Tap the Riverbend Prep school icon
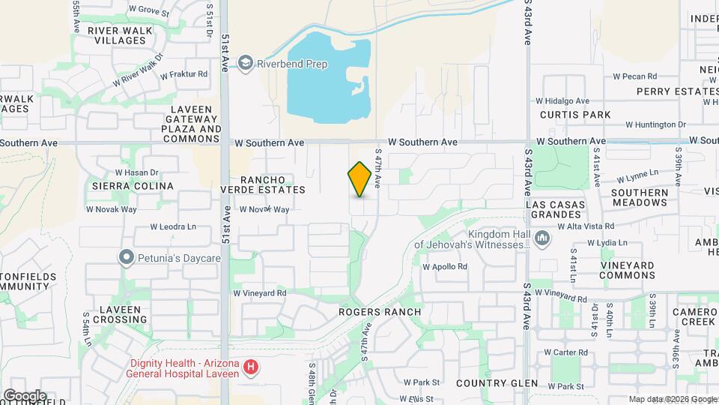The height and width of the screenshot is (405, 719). (x=246, y=64)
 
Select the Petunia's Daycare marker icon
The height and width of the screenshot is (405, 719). (x=126, y=258)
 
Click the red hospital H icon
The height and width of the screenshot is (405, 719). (x=252, y=367)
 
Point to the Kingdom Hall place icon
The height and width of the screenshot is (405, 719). (x=544, y=239)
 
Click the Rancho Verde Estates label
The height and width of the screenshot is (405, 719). (x=262, y=184)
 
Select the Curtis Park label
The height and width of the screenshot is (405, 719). (x=575, y=115)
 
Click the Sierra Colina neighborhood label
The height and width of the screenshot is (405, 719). (x=132, y=186)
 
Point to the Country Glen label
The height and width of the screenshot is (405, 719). (x=497, y=383)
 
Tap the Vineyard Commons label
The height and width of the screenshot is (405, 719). (x=627, y=271)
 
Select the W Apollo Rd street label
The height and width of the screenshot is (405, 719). (x=445, y=266)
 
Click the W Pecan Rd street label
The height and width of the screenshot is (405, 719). (x=634, y=76)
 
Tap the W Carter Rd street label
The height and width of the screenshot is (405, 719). (x=565, y=352)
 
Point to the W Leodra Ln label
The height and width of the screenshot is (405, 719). (x=173, y=226)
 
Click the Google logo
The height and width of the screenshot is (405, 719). (x=24, y=395)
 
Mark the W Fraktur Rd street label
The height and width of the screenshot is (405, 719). (x=182, y=74)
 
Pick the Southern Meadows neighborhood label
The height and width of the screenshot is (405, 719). (x=639, y=197)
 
